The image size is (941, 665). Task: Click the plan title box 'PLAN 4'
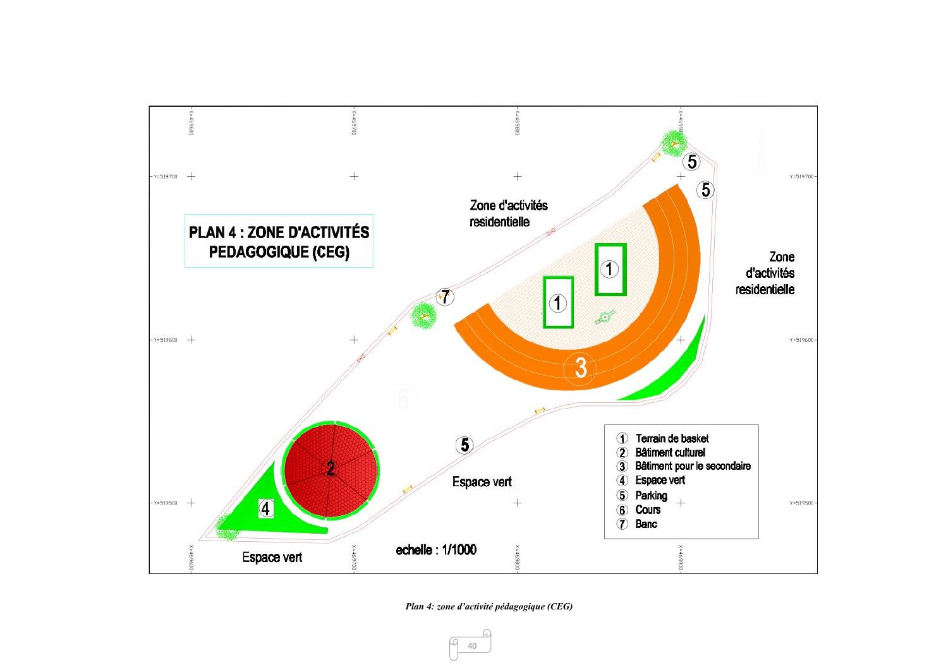point(279,241)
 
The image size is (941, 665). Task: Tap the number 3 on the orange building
point(581,368)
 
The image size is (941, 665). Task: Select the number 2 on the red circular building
point(331,469)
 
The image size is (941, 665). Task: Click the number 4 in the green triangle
point(266,508)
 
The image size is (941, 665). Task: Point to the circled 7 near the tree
point(446,297)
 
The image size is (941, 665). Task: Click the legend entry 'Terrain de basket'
point(671,438)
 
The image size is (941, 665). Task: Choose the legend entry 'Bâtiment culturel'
point(669,452)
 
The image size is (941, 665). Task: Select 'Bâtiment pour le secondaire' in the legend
point(692,466)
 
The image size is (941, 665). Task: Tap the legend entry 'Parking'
point(650,495)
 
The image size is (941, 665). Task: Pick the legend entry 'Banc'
point(646,524)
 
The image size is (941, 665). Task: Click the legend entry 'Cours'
point(648,510)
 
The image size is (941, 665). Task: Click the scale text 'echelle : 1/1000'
point(436,549)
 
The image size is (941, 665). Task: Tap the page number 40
point(471,645)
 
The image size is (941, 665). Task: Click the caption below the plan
point(489,606)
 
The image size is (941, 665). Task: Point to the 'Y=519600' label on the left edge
point(166,340)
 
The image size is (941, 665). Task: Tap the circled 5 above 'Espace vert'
point(464,445)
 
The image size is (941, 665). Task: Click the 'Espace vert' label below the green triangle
point(272,557)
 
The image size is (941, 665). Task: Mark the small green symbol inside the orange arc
point(605,317)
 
